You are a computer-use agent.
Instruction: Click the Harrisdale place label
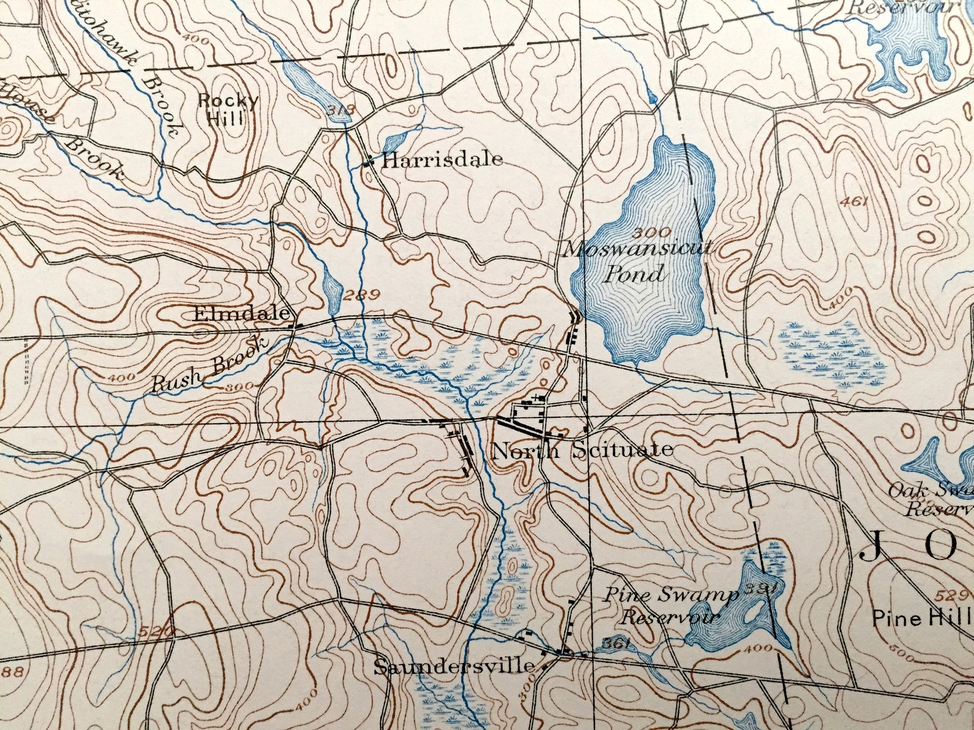(442, 161)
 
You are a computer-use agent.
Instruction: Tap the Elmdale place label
(241, 314)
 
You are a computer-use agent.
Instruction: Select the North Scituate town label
(582, 452)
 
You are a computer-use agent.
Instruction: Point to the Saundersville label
(453, 666)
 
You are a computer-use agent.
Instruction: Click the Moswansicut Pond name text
(638, 260)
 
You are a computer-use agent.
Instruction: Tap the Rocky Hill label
(228, 109)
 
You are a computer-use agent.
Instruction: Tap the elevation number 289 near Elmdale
(362, 295)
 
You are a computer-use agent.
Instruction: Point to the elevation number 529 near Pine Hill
(954, 595)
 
